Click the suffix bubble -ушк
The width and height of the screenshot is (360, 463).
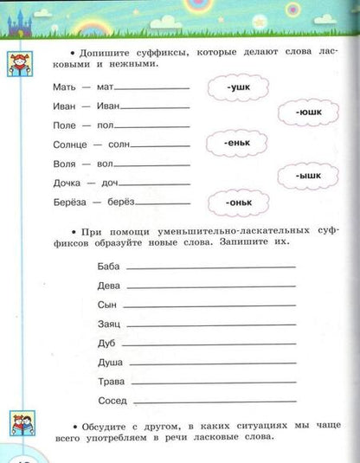point(238,87)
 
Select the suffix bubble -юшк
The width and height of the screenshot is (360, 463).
point(307,113)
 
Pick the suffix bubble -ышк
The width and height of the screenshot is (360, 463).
point(307,176)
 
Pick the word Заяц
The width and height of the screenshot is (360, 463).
point(111,325)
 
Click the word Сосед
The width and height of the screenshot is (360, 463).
point(113,401)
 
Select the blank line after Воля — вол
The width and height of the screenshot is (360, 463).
point(152,166)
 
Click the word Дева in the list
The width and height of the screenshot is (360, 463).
point(111,286)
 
